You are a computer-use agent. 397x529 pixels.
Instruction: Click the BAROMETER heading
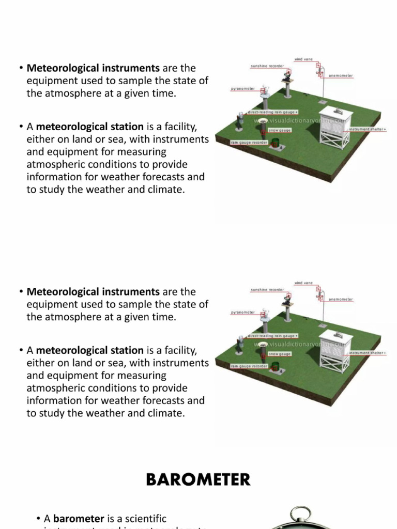(x=198, y=479)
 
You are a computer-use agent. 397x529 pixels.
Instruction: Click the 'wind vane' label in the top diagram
(x=303, y=59)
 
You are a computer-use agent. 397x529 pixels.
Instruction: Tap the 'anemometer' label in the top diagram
(x=341, y=75)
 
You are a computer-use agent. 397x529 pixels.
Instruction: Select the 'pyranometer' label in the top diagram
(x=242, y=89)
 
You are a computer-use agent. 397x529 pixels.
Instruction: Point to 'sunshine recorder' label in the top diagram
(x=267, y=66)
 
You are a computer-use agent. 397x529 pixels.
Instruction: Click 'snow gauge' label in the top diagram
(x=280, y=130)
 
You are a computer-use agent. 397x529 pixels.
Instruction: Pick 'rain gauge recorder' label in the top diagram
(x=249, y=142)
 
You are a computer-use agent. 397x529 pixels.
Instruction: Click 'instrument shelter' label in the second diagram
(x=367, y=353)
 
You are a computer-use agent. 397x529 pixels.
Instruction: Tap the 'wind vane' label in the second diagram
(x=303, y=283)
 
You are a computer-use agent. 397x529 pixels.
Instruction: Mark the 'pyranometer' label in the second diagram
(x=242, y=313)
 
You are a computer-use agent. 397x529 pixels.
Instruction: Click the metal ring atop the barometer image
(x=300, y=514)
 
